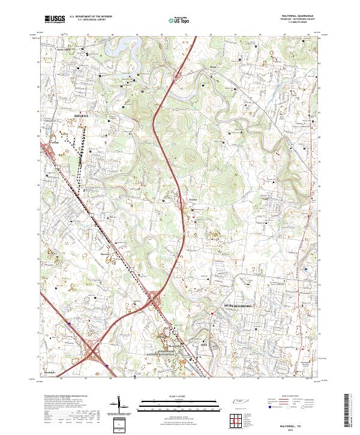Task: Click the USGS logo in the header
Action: point(55,20)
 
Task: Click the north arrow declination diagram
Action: point(120,406)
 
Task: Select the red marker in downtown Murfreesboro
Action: point(212,312)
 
